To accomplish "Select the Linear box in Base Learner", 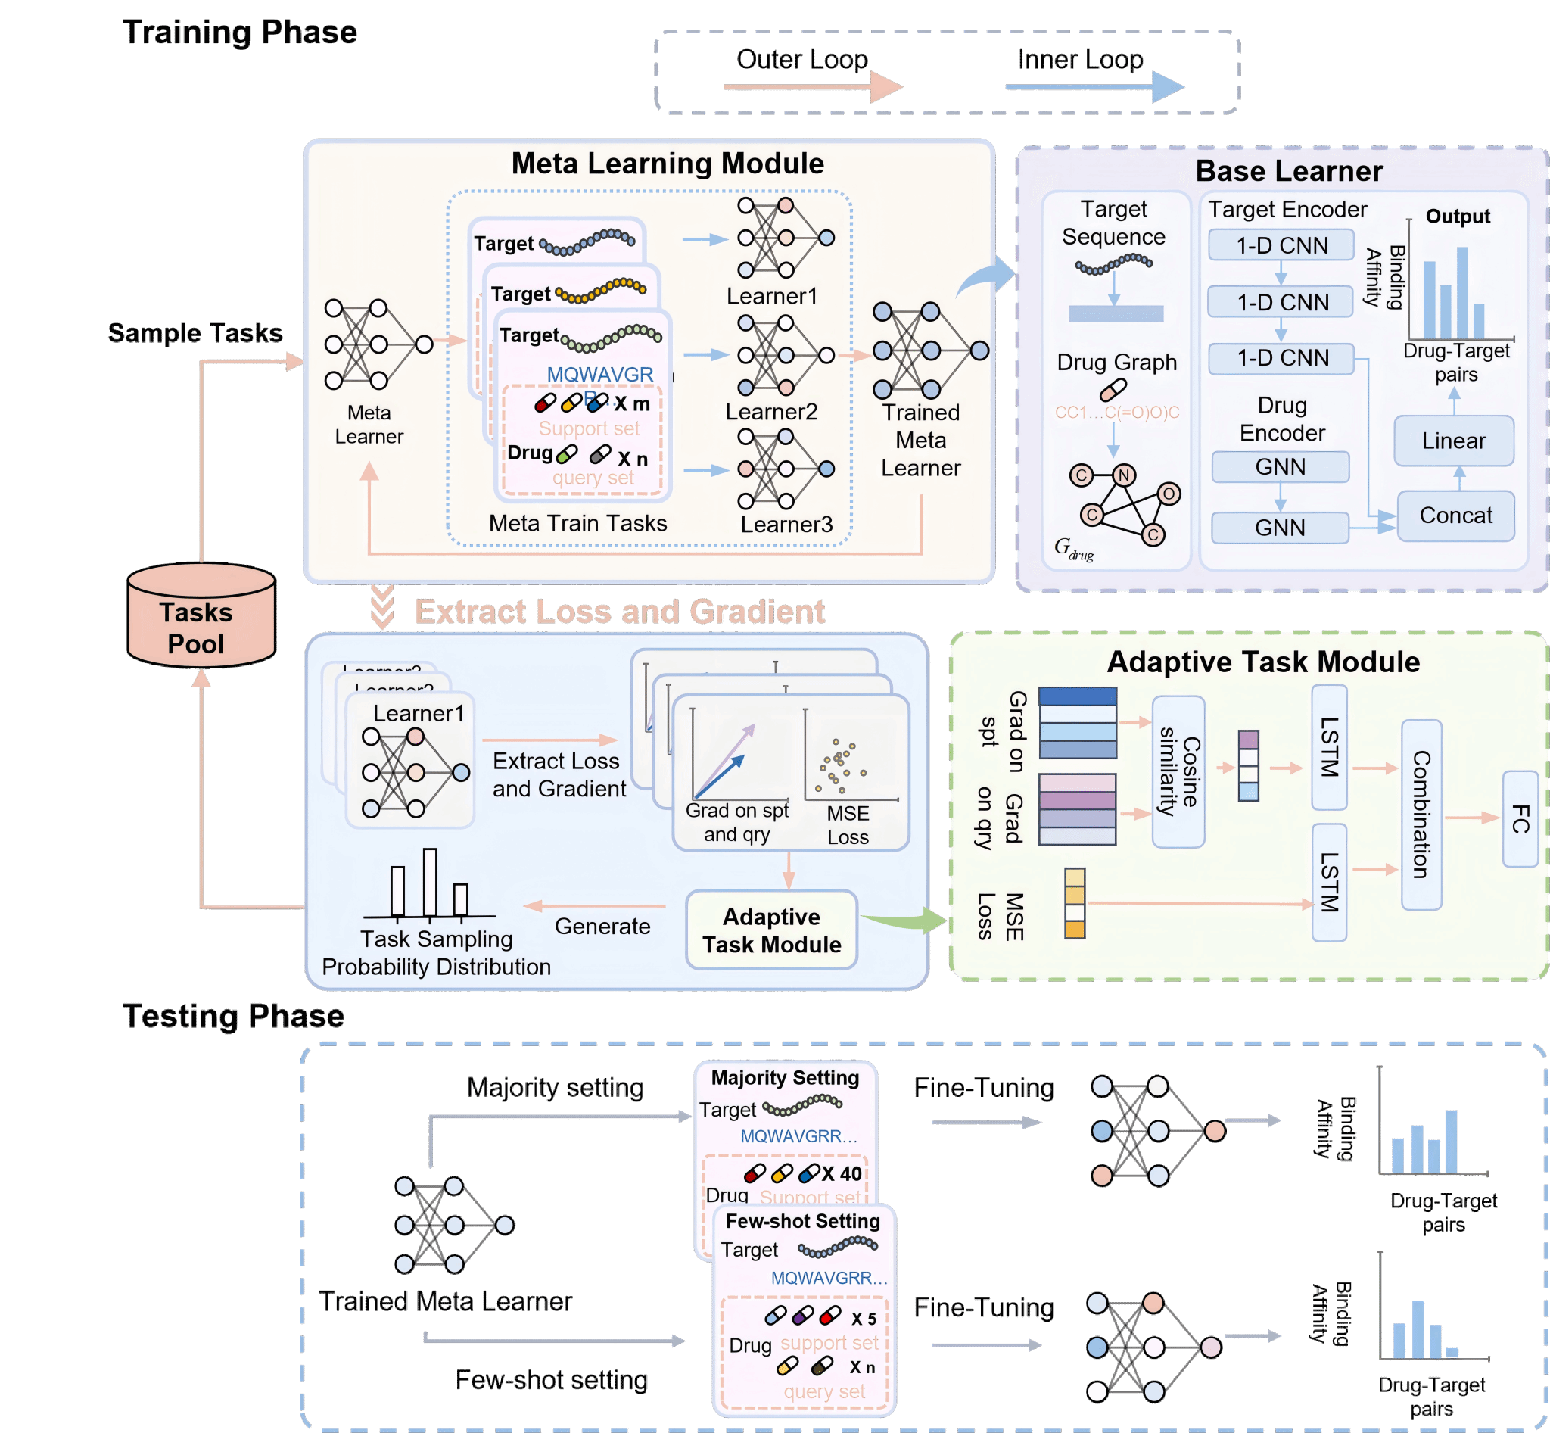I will [1453, 441].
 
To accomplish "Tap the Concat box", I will [1455, 516].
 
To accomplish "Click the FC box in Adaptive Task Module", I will [1520, 819].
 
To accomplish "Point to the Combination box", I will [1421, 815].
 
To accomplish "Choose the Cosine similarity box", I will [1178, 771].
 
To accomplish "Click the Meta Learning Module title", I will [668, 164].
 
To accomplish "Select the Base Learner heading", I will [1289, 170].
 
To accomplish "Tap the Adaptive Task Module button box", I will [771, 930].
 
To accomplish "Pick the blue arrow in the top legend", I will [1094, 87].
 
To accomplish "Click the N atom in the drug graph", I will [1124, 475].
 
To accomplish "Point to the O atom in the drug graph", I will [1169, 494].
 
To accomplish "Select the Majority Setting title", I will [785, 1078].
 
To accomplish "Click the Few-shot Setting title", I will [802, 1221].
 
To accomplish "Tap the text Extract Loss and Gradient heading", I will [619, 612].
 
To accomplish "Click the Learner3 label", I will [786, 524].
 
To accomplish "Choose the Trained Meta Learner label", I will [920, 441].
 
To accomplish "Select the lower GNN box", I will [1279, 528].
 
